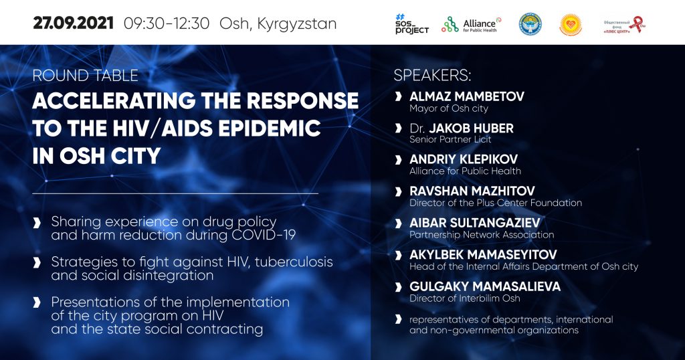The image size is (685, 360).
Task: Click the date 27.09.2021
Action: tap(73, 23)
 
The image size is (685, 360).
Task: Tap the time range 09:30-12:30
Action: tap(167, 23)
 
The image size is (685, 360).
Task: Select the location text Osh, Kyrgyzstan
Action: tap(278, 24)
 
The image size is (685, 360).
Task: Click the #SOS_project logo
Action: tap(411, 24)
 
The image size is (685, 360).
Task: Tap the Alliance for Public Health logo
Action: tap(471, 25)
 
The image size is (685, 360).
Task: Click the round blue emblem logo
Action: tap(530, 25)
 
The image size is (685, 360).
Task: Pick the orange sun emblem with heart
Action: tap(570, 25)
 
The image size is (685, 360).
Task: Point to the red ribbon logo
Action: tap(638, 25)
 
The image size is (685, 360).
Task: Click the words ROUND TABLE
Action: tap(85, 76)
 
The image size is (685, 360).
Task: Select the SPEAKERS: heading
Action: tap(433, 75)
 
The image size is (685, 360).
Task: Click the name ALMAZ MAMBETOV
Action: tap(466, 96)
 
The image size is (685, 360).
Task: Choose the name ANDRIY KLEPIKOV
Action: tap(464, 159)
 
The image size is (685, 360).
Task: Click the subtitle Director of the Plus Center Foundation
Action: tap(496, 203)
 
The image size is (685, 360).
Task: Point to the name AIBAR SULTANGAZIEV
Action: tap(475, 223)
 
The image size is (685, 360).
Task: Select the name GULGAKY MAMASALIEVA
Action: tap(485, 286)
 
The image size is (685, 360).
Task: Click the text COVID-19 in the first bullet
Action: tap(264, 235)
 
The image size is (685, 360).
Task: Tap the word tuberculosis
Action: tap(294, 262)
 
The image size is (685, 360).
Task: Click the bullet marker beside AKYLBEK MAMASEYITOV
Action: tap(398, 255)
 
